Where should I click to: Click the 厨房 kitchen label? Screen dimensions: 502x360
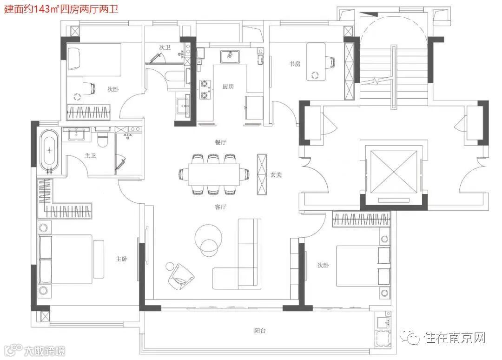tap(228, 87)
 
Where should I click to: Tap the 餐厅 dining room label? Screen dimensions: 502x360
tap(220, 142)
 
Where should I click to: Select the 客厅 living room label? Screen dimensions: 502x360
tap(220, 207)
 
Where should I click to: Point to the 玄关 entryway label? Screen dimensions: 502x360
tap(276, 175)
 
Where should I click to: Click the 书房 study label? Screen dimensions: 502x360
tap(295, 64)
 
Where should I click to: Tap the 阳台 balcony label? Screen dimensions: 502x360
tap(260, 331)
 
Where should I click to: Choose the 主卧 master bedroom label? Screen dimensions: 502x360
tap(122, 259)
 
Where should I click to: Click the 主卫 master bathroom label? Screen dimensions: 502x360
tap(90, 156)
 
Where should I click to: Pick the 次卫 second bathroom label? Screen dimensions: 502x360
tap(165, 47)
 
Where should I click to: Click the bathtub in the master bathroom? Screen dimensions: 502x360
tap(49, 150)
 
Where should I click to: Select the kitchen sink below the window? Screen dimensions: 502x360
tap(230, 56)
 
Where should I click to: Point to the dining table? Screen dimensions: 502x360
tap(214, 174)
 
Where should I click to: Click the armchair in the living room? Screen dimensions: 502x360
tap(181, 277)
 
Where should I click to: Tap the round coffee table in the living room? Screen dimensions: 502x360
tap(208, 237)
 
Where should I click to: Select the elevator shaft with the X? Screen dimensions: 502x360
tap(394, 172)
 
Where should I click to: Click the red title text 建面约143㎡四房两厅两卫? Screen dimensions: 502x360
tap(61, 9)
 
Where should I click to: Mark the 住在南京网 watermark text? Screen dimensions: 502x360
tap(455, 338)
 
